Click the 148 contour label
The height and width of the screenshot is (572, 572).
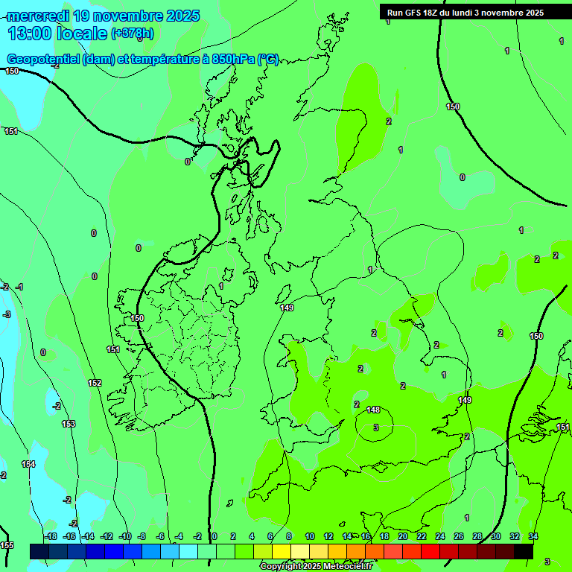(374, 410)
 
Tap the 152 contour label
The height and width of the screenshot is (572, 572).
(95, 383)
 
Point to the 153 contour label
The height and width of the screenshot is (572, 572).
(69, 424)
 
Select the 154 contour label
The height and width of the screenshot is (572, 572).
(28, 464)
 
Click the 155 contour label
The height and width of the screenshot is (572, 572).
(7, 545)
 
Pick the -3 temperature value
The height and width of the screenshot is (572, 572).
(7, 314)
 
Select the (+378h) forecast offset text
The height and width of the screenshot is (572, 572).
(133, 33)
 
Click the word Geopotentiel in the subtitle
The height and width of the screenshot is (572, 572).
(43, 60)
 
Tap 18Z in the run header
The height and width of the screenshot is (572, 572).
(436, 13)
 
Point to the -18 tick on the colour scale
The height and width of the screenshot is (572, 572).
(50, 536)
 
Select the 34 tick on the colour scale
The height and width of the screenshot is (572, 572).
(533, 536)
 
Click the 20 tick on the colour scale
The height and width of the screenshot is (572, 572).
(402, 536)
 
